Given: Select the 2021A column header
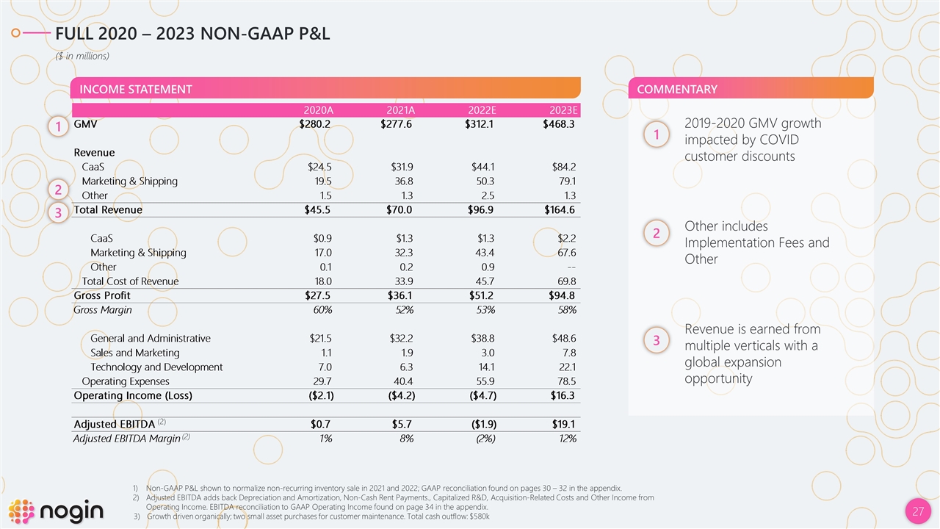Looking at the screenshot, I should (x=401, y=110).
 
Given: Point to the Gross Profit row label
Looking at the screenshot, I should (x=102, y=295).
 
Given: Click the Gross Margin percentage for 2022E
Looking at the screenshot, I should (x=485, y=310).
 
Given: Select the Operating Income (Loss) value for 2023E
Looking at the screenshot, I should (x=563, y=395).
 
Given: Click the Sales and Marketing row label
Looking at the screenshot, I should (x=135, y=353).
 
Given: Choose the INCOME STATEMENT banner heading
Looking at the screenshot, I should (x=136, y=90).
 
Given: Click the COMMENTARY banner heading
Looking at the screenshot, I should (x=677, y=90).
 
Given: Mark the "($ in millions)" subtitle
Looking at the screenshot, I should (x=84, y=56).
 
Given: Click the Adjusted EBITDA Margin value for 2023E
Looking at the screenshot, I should (x=565, y=439).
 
